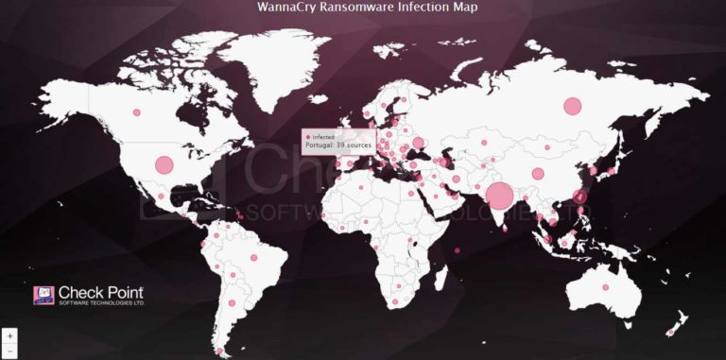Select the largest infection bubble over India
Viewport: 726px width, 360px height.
click(x=500, y=196)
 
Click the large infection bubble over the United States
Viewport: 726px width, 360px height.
click(x=164, y=164)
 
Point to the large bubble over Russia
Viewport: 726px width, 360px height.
click(x=572, y=106)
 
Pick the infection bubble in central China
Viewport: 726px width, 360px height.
click(x=538, y=174)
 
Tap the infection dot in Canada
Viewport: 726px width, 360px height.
click(x=136, y=112)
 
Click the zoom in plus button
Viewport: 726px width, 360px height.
click(x=9, y=335)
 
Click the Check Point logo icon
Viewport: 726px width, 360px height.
click(x=43, y=296)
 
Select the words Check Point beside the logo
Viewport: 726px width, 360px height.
click(x=101, y=292)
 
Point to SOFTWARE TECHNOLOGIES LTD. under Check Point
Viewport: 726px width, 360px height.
click(x=101, y=303)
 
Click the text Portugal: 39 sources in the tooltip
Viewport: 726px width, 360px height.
click(x=338, y=146)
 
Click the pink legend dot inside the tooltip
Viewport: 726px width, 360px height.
click(x=307, y=137)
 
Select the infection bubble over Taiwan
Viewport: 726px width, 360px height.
click(x=580, y=197)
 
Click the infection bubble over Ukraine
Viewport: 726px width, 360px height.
click(x=419, y=144)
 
